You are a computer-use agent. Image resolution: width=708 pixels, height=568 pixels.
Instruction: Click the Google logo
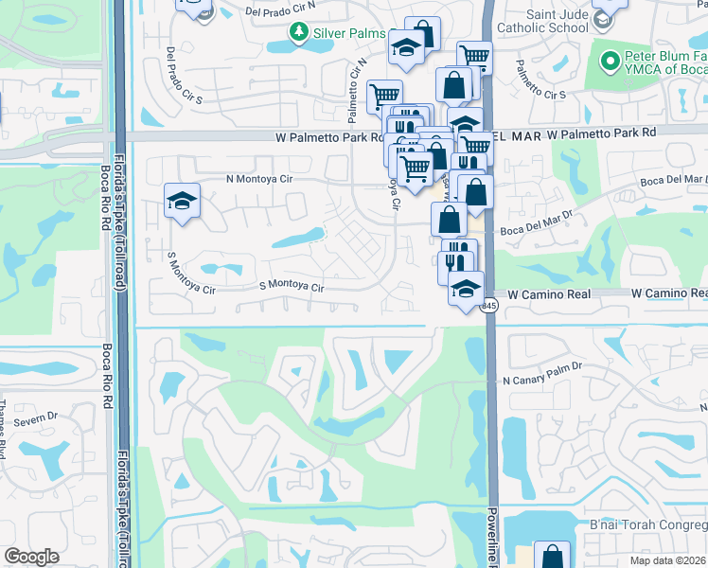click(32, 557)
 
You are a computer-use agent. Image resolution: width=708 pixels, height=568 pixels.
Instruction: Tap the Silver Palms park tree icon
click(300, 34)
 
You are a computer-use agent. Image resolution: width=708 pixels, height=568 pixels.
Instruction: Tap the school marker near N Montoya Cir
click(181, 202)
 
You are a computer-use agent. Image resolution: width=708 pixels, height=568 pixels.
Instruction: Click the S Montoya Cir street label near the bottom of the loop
click(292, 285)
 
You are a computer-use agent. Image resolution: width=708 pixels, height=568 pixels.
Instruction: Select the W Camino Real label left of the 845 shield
click(552, 294)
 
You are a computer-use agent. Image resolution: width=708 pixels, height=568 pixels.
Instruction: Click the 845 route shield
click(488, 306)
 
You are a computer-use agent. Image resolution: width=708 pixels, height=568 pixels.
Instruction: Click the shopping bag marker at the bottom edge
click(551, 557)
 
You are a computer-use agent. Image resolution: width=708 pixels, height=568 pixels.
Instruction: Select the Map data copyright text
click(668, 560)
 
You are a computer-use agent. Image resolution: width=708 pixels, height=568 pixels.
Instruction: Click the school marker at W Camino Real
click(466, 290)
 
